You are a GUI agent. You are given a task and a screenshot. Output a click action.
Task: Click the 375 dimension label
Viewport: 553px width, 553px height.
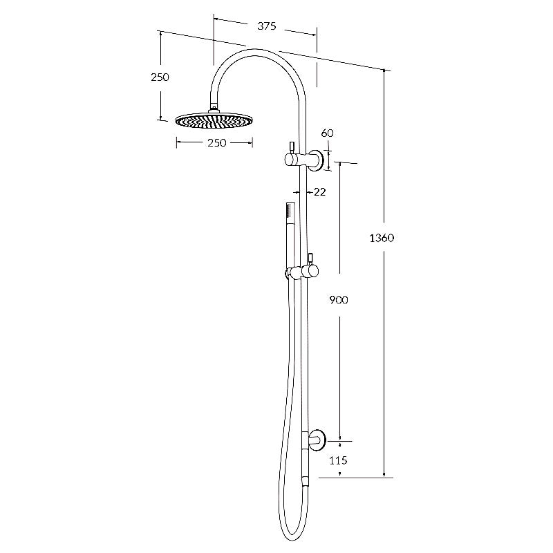click(267, 26)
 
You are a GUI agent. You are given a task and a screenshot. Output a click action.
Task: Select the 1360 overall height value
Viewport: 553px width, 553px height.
click(382, 238)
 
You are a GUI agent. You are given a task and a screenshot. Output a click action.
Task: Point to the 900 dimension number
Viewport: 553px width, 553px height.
click(339, 300)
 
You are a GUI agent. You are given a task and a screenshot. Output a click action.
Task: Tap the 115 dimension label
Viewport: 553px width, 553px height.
click(338, 460)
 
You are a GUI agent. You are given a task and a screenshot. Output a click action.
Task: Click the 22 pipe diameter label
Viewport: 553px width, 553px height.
click(319, 191)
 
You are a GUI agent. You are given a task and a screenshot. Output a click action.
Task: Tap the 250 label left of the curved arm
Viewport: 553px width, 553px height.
click(160, 77)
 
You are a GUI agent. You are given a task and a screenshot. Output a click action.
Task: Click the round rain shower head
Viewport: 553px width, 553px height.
click(214, 122)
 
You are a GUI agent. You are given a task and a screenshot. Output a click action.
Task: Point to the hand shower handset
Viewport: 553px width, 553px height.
click(288, 218)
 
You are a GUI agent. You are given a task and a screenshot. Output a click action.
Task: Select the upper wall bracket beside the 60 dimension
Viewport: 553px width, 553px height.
click(317, 160)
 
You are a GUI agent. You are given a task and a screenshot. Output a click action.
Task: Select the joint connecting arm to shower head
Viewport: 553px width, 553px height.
click(214, 107)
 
